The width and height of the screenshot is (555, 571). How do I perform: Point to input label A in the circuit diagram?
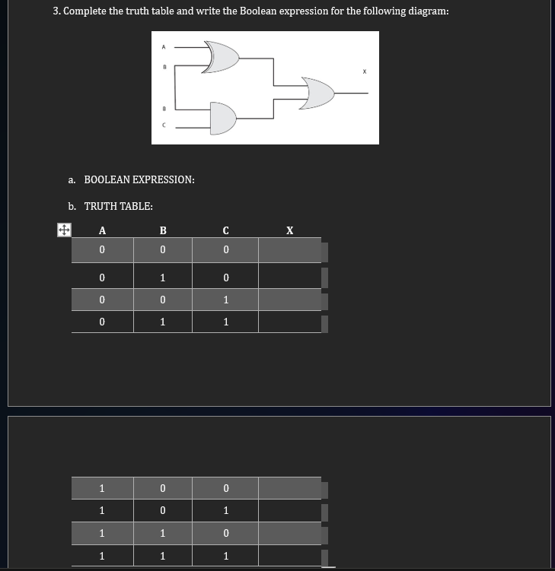point(164,47)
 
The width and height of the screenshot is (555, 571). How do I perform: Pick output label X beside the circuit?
point(365,73)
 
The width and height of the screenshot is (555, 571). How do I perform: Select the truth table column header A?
point(102,230)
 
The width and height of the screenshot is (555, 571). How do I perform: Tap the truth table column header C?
point(225,230)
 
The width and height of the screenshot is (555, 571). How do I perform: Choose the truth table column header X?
point(289,230)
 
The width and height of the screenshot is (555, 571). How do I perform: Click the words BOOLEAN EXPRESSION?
point(139,179)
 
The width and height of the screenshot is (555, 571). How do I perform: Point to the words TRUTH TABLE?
point(118,206)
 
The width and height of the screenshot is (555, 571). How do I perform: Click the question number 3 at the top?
point(57,11)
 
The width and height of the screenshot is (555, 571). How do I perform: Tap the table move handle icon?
point(64,229)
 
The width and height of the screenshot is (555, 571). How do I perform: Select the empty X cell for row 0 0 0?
point(289,250)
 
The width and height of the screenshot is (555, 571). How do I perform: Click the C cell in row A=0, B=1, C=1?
point(225,322)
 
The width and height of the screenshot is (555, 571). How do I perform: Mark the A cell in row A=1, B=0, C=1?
point(102,510)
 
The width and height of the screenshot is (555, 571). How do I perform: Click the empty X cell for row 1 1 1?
point(289,557)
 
